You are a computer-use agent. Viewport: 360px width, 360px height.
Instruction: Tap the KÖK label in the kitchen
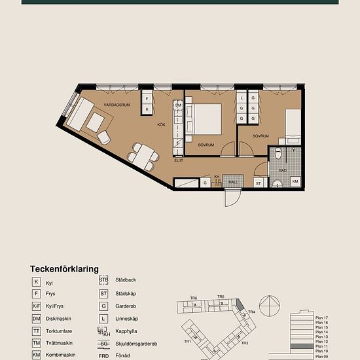pos(160,124)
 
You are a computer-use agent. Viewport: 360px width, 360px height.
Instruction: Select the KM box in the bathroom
pos(295,182)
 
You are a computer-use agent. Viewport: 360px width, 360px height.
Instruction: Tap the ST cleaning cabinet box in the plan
pos(259,183)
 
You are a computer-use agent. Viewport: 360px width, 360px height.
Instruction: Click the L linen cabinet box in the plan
pos(242,99)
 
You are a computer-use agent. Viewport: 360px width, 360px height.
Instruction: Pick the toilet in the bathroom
pos(279,154)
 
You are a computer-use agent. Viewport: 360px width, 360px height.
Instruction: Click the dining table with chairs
pos(143,154)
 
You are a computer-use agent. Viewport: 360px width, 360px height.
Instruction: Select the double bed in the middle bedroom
pos(207,119)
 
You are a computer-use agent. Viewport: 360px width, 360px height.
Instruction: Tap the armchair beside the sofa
pos(105,135)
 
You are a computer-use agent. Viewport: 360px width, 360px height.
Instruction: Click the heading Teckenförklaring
pos(64,269)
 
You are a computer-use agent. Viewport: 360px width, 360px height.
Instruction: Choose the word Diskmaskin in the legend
pos(59,318)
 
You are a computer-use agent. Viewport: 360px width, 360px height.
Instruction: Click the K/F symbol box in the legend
pos(35,306)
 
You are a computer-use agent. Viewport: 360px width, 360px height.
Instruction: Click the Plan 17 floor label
pos(321,317)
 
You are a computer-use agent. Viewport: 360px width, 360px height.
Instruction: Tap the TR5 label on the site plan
pos(221,297)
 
